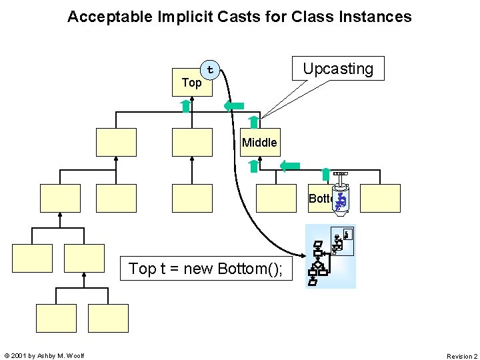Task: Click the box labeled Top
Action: pyautogui.click(x=192, y=83)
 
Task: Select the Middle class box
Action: pyautogui.click(x=260, y=142)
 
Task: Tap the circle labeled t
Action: pyautogui.click(x=211, y=69)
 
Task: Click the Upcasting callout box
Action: pyautogui.click(x=338, y=69)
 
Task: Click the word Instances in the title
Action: pyautogui.click(x=379, y=17)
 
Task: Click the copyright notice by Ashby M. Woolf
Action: pyautogui.click(x=43, y=356)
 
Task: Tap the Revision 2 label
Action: pyautogui.click(x=461, y=356)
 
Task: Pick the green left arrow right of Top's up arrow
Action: pyautogui.click(x=233, y=105)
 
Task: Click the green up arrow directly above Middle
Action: pyautogui.click(x=253, y=121)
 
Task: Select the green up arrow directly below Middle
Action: pyautogui.click(x=254, y=165)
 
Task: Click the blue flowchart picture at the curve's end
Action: pyautogui.click(x=331, y=256)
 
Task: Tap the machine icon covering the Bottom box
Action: pyautogui.click(x=341, y=194)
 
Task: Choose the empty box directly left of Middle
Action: pyautogui.click(x=192, y=142)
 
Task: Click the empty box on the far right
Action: pyautogui.click(x=380, y=198)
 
